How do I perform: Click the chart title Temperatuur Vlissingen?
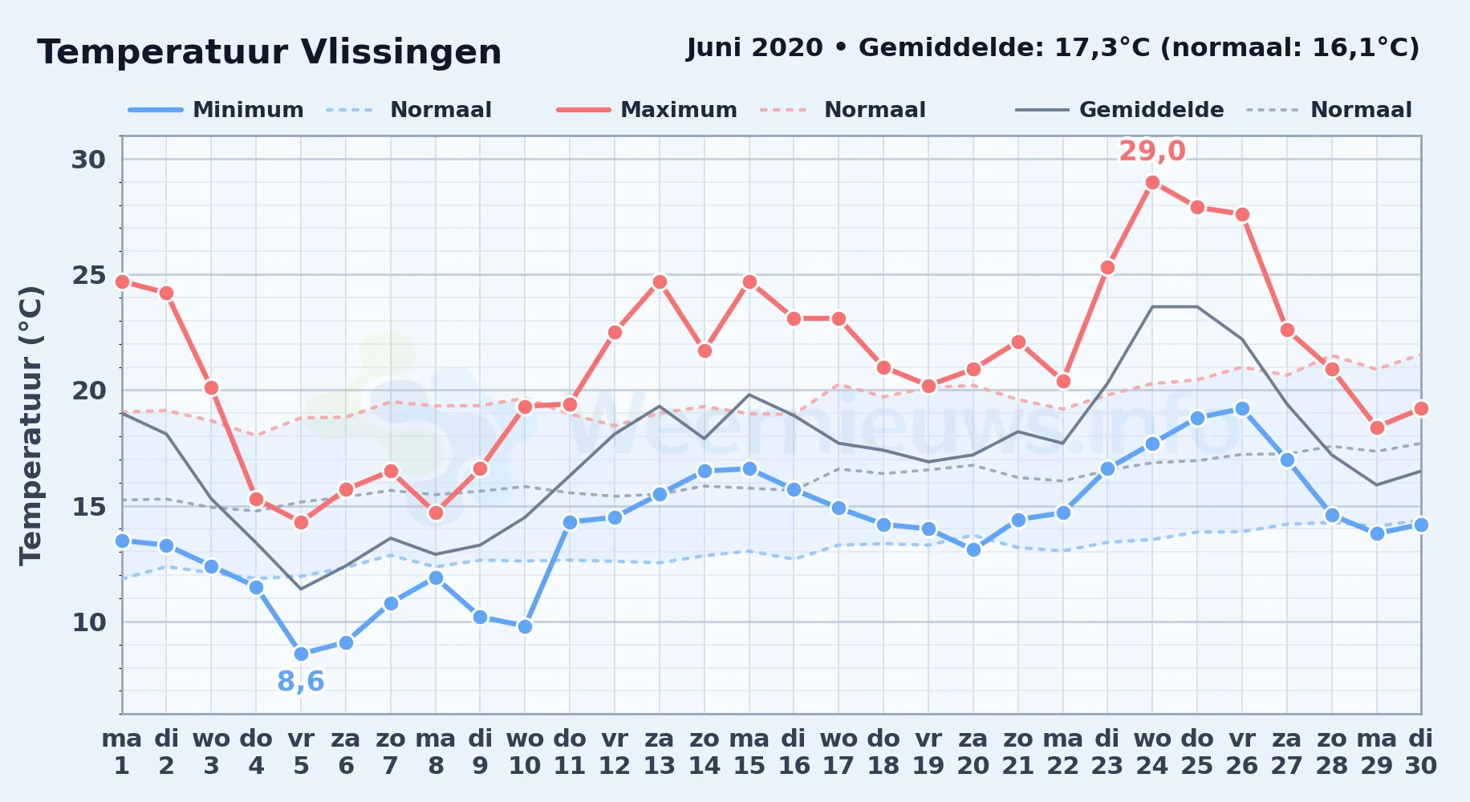pyautogui.click(x=270, y=52)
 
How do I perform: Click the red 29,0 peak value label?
pyautogui.click(x=1152, y=151)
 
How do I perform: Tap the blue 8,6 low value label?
pyautogui.click(x=301, y=682)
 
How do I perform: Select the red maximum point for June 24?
pyautogui.click(x=1152, y=183)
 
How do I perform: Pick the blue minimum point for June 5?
pyautogui.click(x=301, y=654)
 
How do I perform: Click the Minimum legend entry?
pyautogui.click(x=216, y=110)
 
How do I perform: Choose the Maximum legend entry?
pyautogui.click(x=647, y=110)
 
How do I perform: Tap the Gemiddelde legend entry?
pyautogui.click(x=1119, y=110)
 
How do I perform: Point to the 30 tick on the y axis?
pyautogui.click(x=88, y=160)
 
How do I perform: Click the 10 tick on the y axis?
pyautogui.click(x=88, y=622)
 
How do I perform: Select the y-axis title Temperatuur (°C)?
pyautogui.click(x=30, y=425)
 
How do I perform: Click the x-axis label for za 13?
pyautogui.click(x=660, y=752)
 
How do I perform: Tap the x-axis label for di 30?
pyautogui.click(x=1420, y=752)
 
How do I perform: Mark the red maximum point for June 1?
pyautogui.click(x=122, y=282)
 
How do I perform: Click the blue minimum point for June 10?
pyautogui.click(x=525, y=626)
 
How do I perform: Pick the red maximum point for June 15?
pyautogui.click(x=749, y=282)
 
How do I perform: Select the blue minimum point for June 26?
pyautogui.click(x=1242, y=408)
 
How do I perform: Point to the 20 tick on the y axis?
pyautogui.click(x=88, y=391)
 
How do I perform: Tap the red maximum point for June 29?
pyautogui.click(x=1377, y=427)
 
